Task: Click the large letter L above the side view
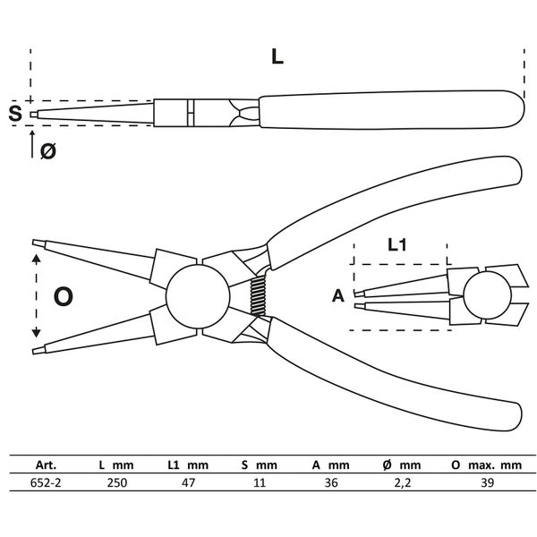point(277,56)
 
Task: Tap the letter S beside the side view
point(14,114)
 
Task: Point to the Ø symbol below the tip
point(48,151)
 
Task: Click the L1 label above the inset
point(398,243)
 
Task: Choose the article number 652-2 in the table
point(39,482)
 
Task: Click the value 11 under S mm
point(260,482)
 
